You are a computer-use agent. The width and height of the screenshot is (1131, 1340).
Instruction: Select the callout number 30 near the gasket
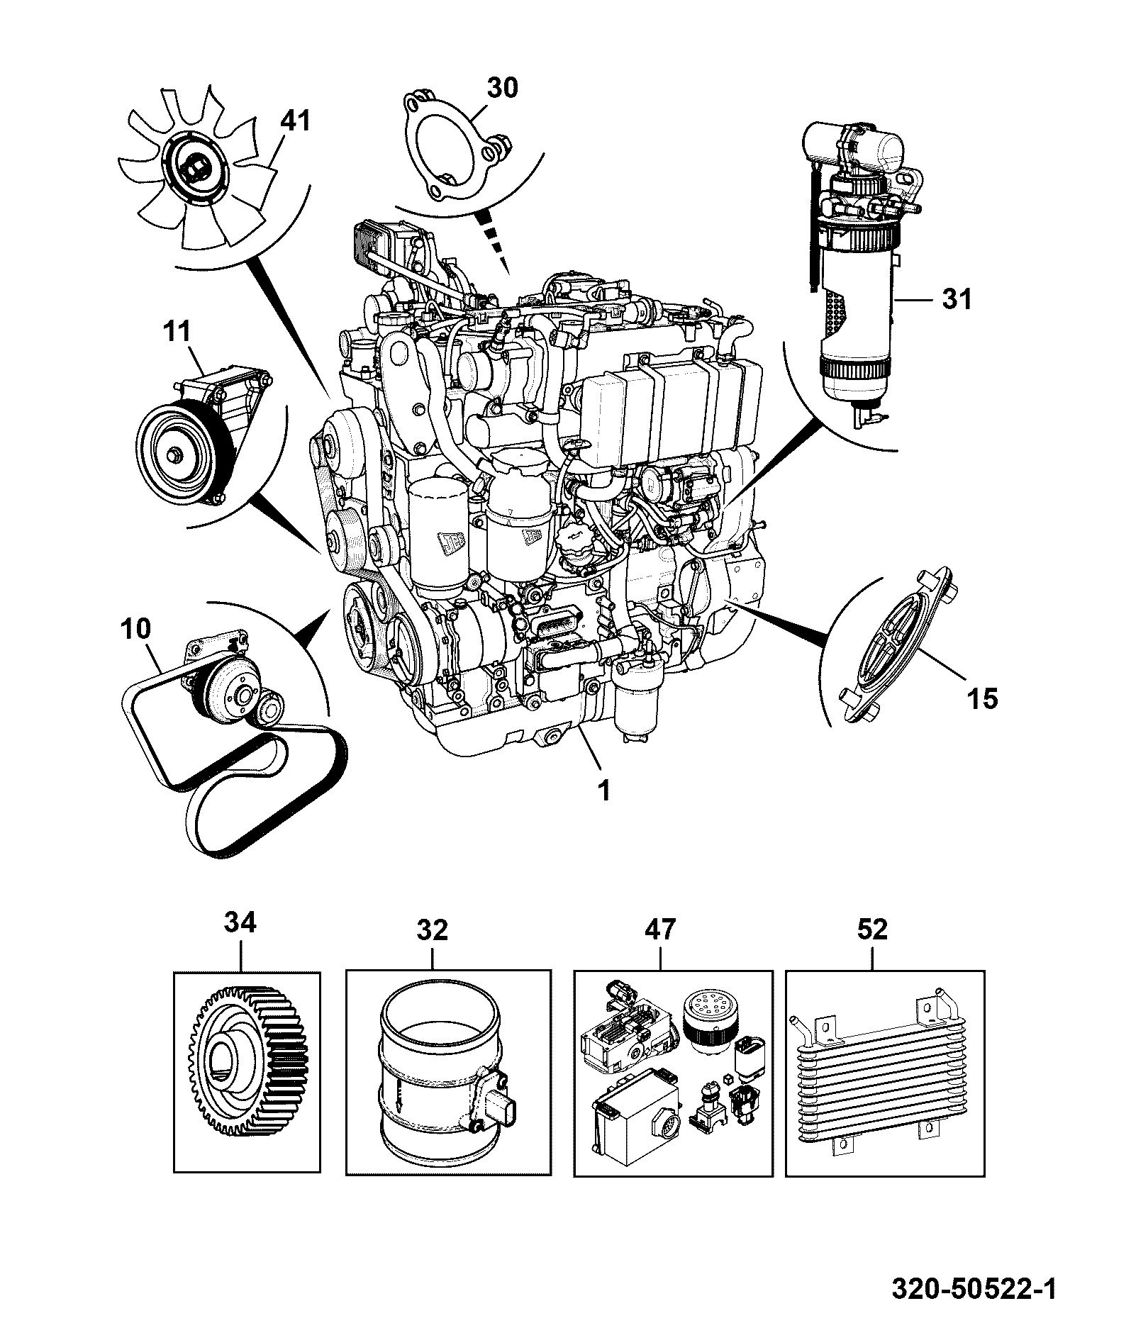(x=503, y=87)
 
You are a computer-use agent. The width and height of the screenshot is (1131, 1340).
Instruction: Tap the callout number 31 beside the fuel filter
(x=957, y=299)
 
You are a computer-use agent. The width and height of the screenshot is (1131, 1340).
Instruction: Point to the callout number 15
(x=982, y=698)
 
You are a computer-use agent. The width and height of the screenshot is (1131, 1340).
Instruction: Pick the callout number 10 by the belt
(x=136, y=629)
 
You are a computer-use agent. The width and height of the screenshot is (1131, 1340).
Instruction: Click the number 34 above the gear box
(x=240, y=923)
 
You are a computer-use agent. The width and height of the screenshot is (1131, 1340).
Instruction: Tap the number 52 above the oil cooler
(x=872, y=929)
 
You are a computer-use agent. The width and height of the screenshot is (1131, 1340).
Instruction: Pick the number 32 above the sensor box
(x=433, y=929)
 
